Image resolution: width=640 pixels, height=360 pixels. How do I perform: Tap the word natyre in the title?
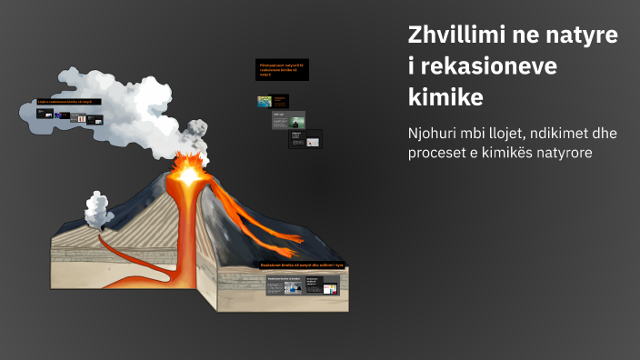[581, 36]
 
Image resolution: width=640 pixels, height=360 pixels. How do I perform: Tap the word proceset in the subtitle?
[443, 153]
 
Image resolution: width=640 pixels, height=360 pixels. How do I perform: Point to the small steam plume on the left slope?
[96, 207]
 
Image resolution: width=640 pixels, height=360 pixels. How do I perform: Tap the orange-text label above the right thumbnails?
[282, 69]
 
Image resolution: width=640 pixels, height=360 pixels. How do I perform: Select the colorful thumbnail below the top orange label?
[265, 102]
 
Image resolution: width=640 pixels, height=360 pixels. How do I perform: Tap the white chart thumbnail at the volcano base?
[331, 289]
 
